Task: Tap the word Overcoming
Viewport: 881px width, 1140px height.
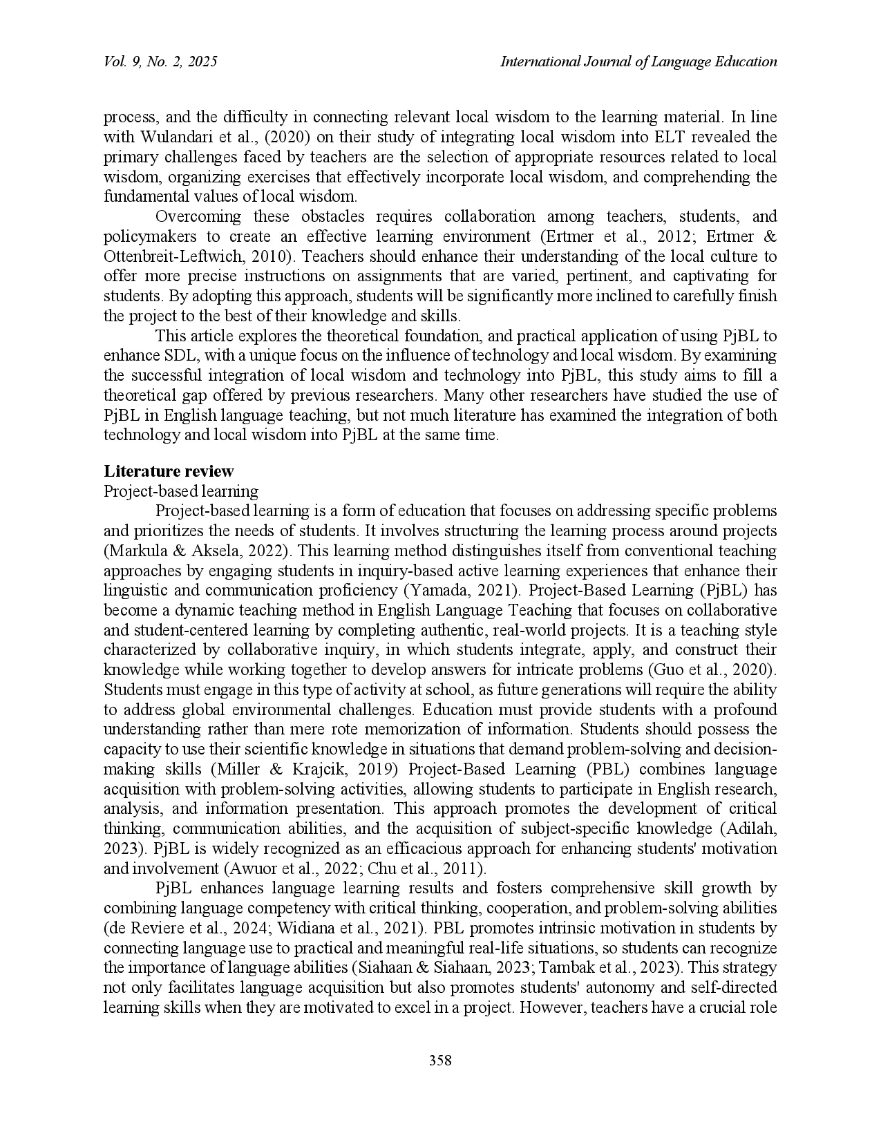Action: pyautogui.click(x=198, y=216)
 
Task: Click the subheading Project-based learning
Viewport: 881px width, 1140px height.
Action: pyautogui.click(x=181, y=491)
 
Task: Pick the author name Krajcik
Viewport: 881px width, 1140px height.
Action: pyautogui.click(x=314, y=770)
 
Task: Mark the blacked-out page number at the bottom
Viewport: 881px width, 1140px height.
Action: pyautogui.click(x=439, y=1058)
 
